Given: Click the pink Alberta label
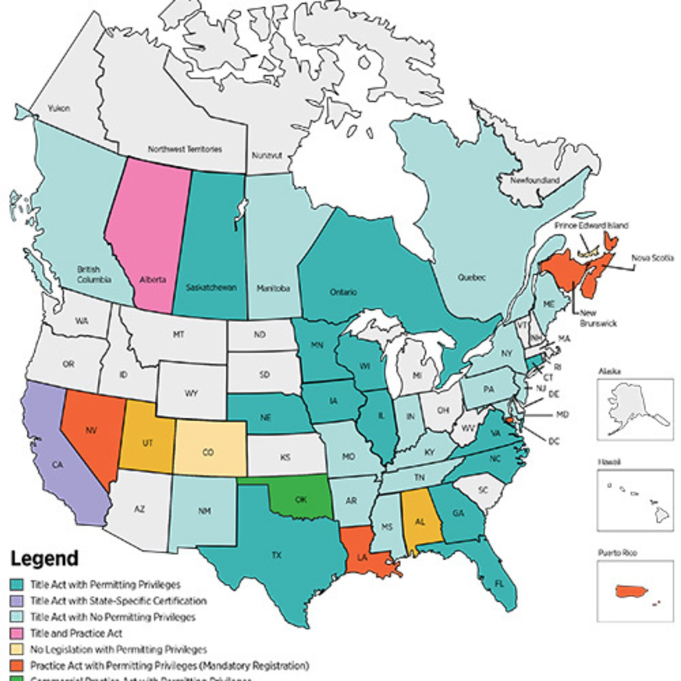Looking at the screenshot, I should click(x=153, y=279).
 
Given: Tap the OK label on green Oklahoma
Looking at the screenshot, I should click(x=301, y=500).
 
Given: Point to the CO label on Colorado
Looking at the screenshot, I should click(x=208, y=452).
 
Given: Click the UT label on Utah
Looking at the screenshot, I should click(x=147, y=443).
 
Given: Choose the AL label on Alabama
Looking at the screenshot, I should click(x=420, y=522).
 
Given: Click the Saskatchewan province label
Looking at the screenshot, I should click(x=211, y=287).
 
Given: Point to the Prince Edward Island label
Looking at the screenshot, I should click(x=592, y=226).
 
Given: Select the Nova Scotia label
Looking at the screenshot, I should click(x=652, y=258).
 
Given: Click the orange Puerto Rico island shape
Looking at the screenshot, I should click(x=632, y=591).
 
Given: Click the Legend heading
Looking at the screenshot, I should click(x=44, y=559).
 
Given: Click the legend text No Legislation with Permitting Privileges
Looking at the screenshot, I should click(x=118, y=649).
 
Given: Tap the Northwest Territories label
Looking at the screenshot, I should click(x=185, y=149).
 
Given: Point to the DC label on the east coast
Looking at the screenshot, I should click(x=554, y=441).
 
